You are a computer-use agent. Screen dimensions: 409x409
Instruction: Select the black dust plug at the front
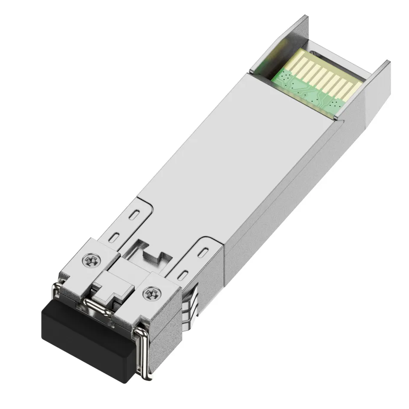86,340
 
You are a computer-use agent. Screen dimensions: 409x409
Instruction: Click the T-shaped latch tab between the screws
110,288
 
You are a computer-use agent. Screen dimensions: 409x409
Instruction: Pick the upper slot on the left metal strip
134,214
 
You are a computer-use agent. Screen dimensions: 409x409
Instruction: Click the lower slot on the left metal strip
115,236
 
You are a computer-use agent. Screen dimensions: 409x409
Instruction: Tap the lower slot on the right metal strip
184,274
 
